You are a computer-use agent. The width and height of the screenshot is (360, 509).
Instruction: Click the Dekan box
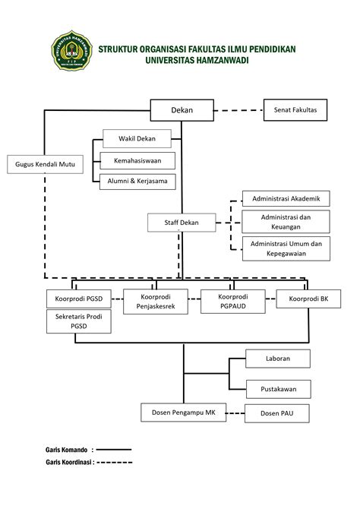(x=182, y=110)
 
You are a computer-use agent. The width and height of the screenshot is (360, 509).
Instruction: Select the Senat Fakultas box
(x=295, y=110)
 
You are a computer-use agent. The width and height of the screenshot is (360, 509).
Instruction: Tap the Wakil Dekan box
(x=137, y=138)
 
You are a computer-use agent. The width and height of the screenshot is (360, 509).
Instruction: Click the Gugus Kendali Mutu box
(x=45, y=164)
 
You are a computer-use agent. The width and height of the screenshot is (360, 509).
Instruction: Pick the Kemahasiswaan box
(x=137, y=161)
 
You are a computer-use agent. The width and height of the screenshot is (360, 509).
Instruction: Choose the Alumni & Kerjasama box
(x=137, y=182)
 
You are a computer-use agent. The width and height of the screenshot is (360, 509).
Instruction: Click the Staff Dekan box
(x=182, y=223)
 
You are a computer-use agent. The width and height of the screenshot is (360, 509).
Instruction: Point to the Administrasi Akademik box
(x=286, y=199)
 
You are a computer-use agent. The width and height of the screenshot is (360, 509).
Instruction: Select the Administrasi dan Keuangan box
(x=286, y=222)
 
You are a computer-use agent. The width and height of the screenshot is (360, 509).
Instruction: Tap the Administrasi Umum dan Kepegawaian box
(x=286, y=248)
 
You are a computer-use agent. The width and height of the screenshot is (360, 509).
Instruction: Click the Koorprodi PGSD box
(x=79, y=299)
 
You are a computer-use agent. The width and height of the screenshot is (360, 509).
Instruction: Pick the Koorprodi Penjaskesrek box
(x=156, y=302)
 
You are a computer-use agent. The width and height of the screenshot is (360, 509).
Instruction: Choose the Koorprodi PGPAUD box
(x=232, y=302)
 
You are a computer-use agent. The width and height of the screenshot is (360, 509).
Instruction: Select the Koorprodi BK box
(x=308, y=299)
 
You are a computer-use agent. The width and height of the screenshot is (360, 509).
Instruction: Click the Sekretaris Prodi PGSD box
(x=79, y=321)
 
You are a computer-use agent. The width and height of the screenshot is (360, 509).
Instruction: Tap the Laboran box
(x=278, y=359)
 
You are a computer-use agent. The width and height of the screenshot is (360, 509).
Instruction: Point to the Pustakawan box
(x=279, y=389)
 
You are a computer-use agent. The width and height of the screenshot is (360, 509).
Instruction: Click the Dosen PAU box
(x=277, y=413)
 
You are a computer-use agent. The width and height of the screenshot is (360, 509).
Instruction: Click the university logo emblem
(x=71, y=51)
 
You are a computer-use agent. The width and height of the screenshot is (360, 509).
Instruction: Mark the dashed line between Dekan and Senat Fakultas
(x=238, y=110)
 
